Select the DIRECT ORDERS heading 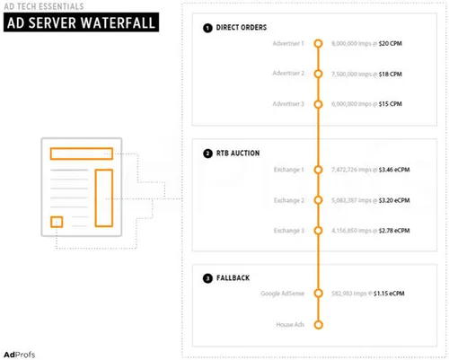coord(242,28)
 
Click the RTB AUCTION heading coord(239,154)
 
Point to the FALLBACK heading coord(235,279)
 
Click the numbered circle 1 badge coord(208,28)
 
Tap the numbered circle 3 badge coord(208,279)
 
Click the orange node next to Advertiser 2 coord(317,74)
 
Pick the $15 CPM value coord(389,104)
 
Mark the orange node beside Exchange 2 coord(317,199)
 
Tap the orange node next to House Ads coord(317,325)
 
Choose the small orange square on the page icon coord(56,221)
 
